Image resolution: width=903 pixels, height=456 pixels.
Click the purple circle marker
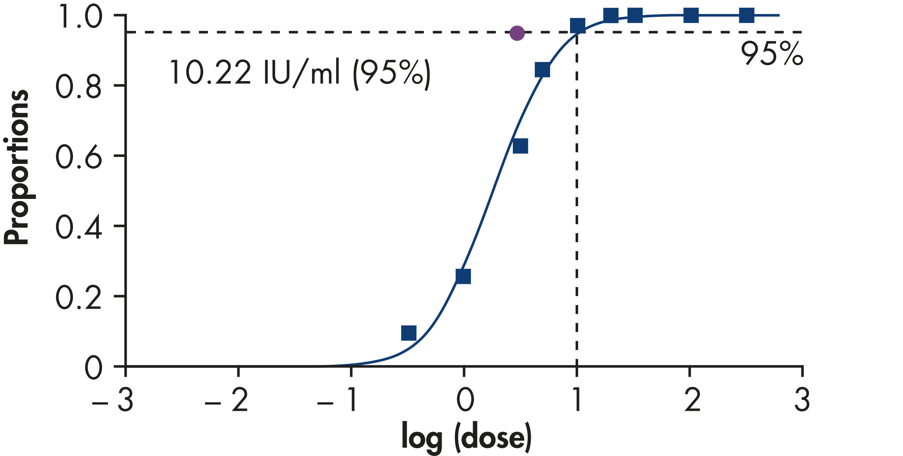pyautogui.click(x=517, y=33)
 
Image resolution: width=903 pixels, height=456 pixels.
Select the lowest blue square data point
pyautogui.click(x=409, y=333)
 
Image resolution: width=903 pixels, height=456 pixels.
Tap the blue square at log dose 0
pyautogui.click(x=463, y=276)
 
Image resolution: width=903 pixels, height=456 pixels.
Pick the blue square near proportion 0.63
pyautogui.click(x=520, y=146)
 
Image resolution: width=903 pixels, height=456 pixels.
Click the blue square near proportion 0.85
pyautogui.click(x=542, y=70)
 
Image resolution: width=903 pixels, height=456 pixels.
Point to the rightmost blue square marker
pyautogui.click(x=746, y=16)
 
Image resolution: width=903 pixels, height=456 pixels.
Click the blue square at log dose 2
pyautogui.click(x=691, y=16)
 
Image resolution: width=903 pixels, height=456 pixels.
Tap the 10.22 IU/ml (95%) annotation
pyautogui.click(x=300, y=73)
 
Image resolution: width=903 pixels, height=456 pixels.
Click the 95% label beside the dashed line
pyautogui.click(x=771, y=54)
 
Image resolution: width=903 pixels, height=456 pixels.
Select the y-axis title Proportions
pyautogui.click(x=16, y=167)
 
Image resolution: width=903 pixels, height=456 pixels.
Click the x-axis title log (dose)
pyautogui.click(x=466, y=437)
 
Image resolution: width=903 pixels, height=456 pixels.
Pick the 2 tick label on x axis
pyautogui.click(x=692, y=400)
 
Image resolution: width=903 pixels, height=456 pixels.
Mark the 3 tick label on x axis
pyautogui.click(x=802, y=400)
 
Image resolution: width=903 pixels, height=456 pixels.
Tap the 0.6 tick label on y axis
pyautogui.click(x=78, y=156)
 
